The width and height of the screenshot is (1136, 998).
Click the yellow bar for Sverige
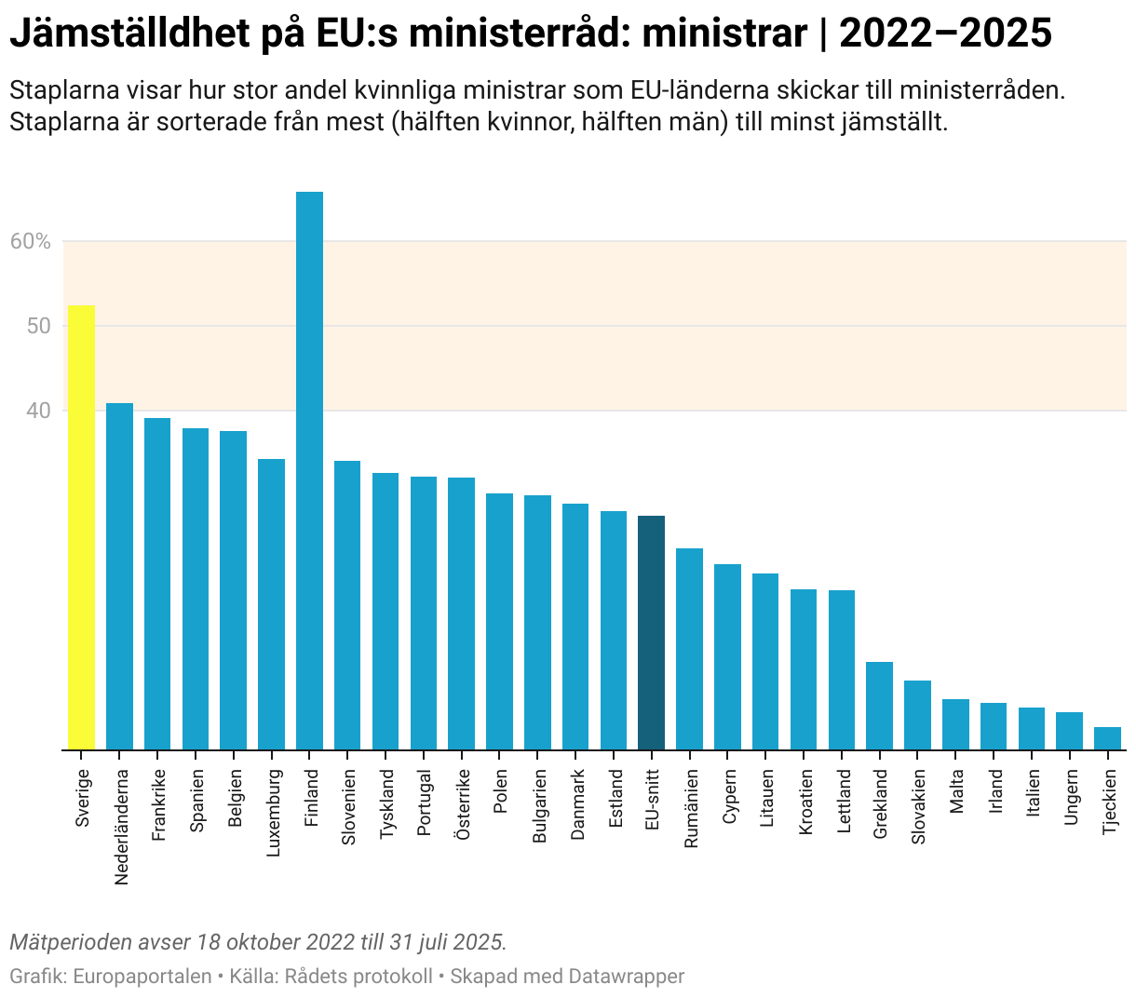pos(81,527)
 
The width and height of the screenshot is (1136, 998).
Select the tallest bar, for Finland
pos(309,470)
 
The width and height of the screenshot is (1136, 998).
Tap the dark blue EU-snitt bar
pos(651,632)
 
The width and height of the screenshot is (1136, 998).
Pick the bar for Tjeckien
pos(1107,738)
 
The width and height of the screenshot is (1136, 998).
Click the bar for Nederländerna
pos(119,576)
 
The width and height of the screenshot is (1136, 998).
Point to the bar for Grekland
pos(879,706)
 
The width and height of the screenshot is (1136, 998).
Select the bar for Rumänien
pos(689,649)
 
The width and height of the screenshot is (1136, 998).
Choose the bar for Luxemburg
pos(271,604)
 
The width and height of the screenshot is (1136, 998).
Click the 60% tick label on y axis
pos(30,242)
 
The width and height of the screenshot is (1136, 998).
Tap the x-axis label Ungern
pos(1070,796)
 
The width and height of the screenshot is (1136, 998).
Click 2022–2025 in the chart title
pos(945,34)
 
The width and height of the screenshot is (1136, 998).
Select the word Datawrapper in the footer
pos(626,977)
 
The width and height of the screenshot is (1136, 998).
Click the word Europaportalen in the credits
pos(142,977)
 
